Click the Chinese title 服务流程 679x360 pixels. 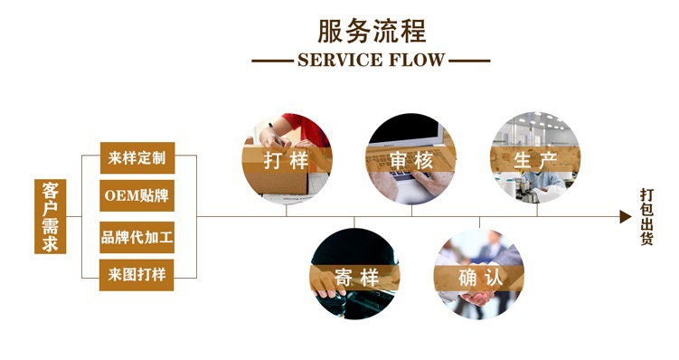pyautogui.click(x=371, y=30)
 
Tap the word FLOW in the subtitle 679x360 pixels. pyautogui.click(x=419, y=62)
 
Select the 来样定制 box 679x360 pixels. pyautogui.click(x=136, y=157)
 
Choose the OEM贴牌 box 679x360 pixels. pyautogui.click(x=136, y=195)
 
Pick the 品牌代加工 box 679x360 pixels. pyautogui.click(x=136, y=238)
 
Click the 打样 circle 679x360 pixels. pyautogui.click(x=286, y=136)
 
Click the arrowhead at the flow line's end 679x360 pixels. pyautogui.click(x=624, y=217)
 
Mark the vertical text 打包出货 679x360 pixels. pyautogui.click(x=647, y=217)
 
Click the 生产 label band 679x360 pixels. pyautogui.click(x=535, y=160)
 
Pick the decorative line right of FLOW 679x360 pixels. pyautogui.click(x=470, y=62)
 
